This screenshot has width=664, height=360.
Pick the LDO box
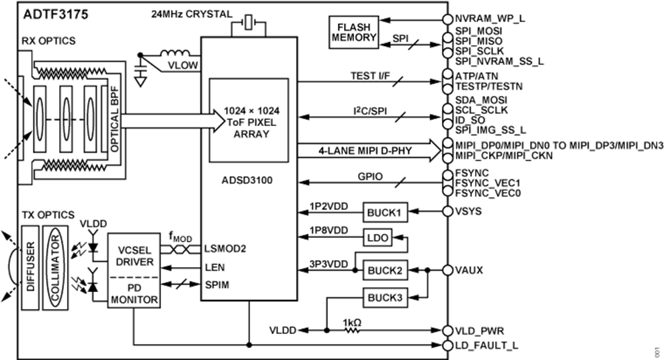pos(377,236)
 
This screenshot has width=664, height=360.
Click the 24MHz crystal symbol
pos(248,25)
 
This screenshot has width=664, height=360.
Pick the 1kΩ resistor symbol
pos(352,330)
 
